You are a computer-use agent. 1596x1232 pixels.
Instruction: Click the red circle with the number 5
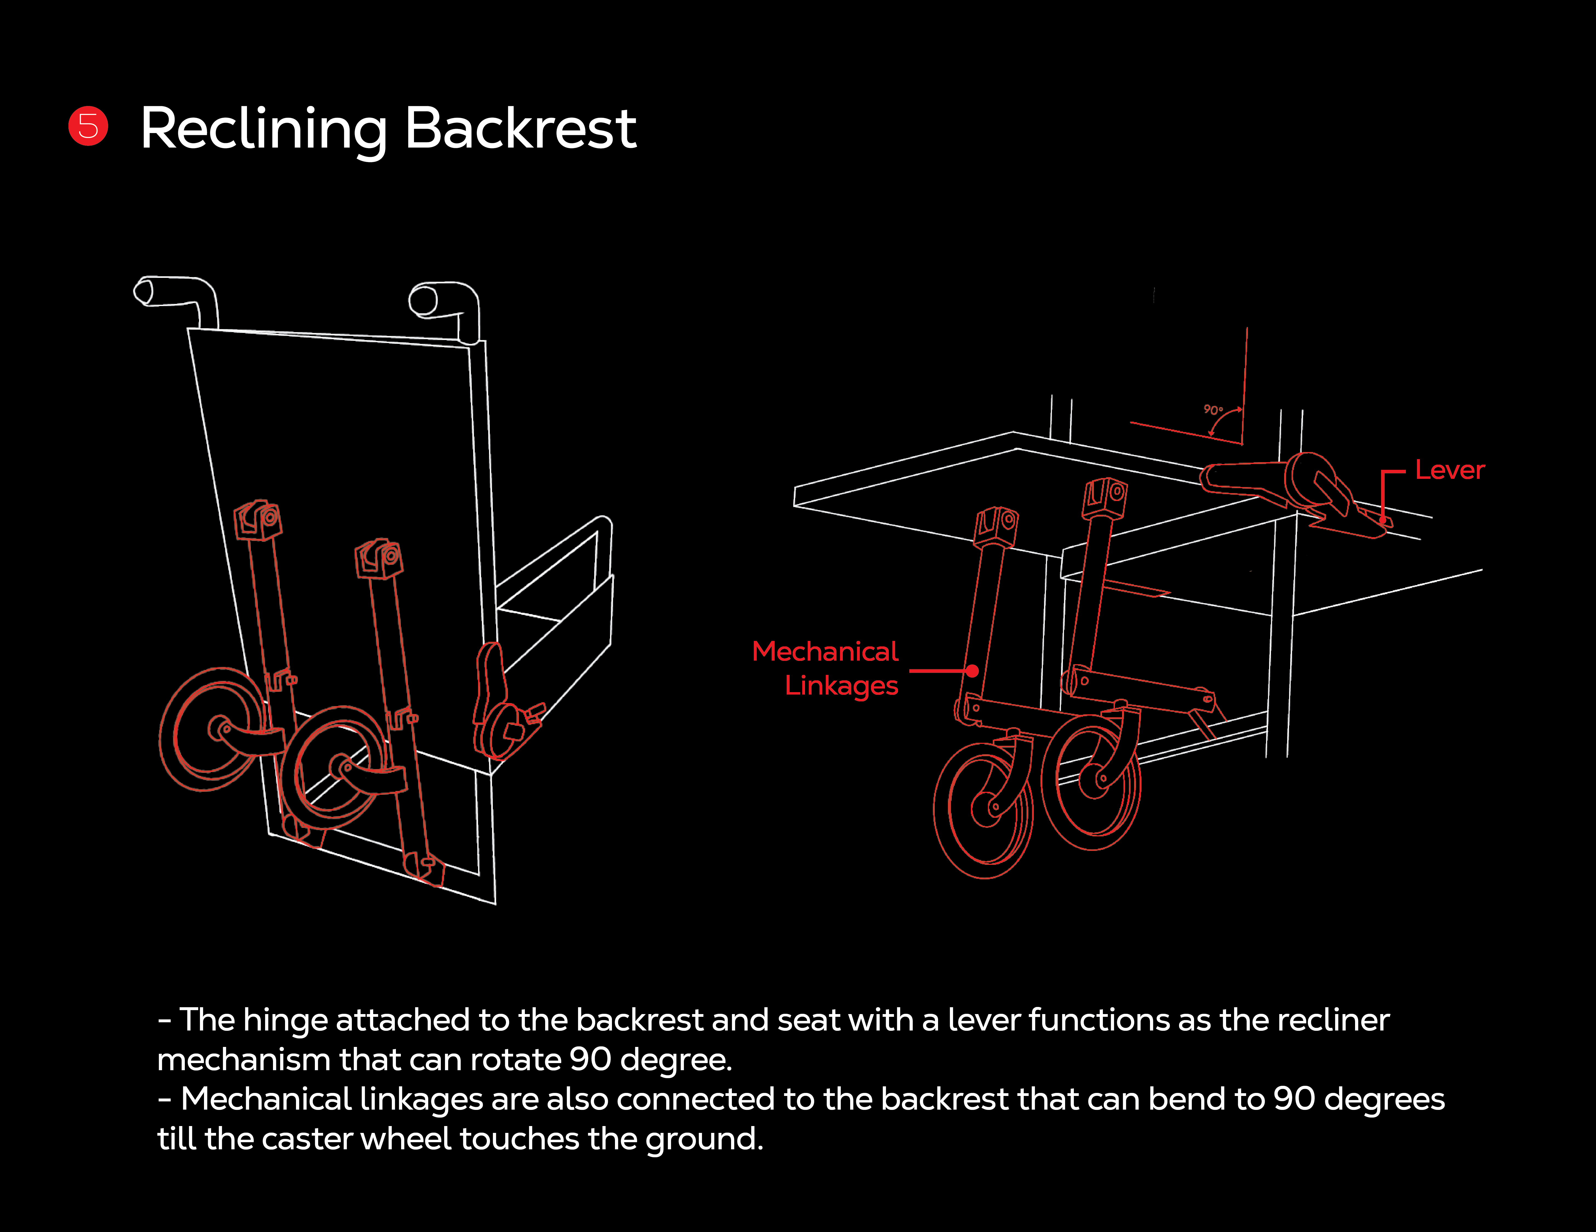[88, 126]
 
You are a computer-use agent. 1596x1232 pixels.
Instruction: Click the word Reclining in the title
[263, 129]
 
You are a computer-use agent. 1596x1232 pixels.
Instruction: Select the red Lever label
[1450, 470]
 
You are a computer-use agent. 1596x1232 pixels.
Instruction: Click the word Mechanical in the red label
[825, 651]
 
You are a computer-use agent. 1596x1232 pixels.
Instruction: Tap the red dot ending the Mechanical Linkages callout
[973, 671]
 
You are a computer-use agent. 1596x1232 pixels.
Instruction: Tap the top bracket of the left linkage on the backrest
[257, 520]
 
